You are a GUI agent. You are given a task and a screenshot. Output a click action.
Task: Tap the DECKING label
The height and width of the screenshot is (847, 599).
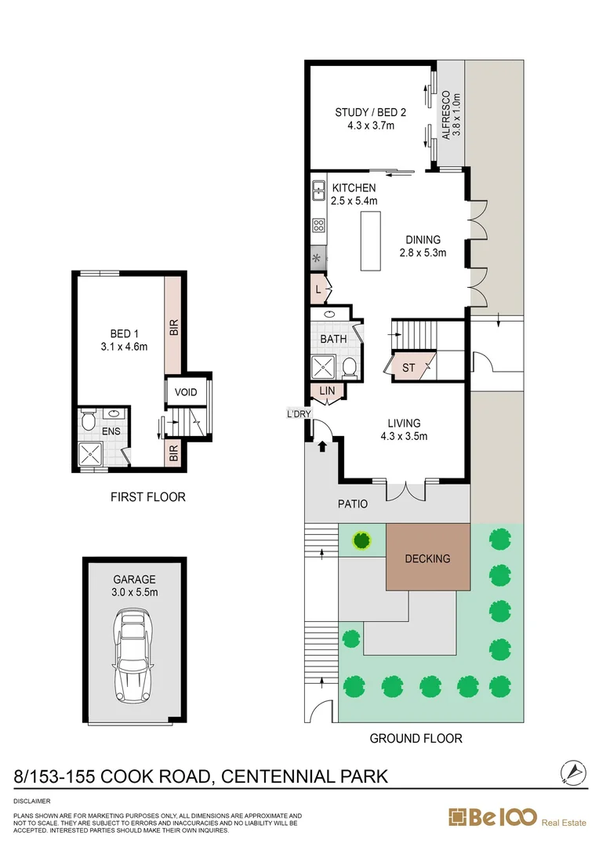pyautogui.click(x=427, y=558)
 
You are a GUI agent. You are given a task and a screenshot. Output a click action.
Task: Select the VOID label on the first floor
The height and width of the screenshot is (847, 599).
pyautogui.click(x=186, y=392)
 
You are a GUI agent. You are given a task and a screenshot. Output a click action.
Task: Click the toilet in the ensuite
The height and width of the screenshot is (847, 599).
pyautogui.click(x=89, y=423)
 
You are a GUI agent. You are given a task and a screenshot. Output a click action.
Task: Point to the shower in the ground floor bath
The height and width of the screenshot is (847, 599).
pyautogui.click(x=324, y=366)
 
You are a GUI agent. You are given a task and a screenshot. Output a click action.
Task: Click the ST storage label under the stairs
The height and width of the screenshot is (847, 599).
pyautogui.click(x=408, y=367)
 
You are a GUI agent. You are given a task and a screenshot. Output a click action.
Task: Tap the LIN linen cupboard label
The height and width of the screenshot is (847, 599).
pyautogui.click(x=326, y=391)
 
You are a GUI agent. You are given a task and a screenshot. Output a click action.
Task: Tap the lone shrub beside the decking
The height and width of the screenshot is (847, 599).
pyautogui.click(x=361, y=540)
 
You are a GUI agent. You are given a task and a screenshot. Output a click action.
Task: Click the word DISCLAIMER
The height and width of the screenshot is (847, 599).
pyautogui.click(x=32, y=802)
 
